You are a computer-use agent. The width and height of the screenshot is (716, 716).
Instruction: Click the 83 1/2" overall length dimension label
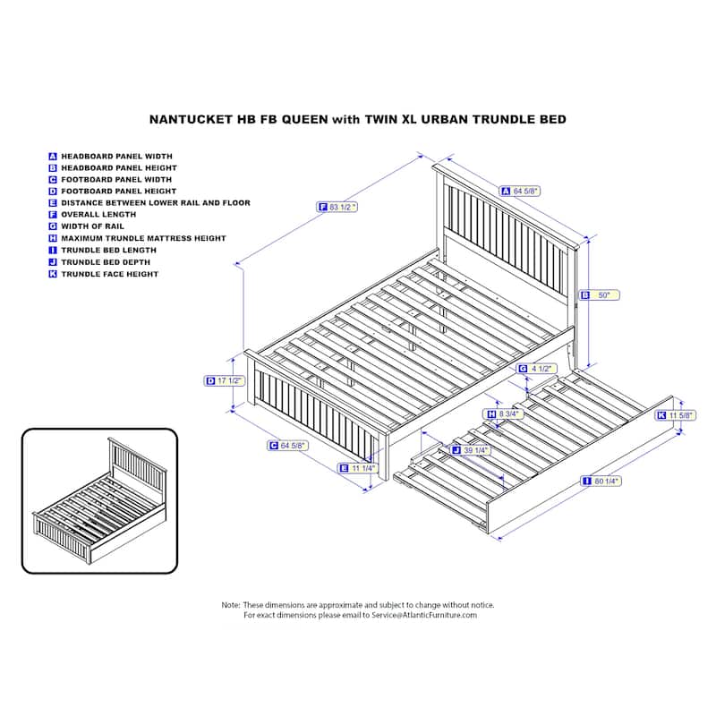[x=337, y=208]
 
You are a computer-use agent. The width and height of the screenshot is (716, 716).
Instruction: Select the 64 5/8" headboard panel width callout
[x=520, y=192]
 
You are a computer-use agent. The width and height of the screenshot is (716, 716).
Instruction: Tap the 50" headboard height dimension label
[x=600, y=295]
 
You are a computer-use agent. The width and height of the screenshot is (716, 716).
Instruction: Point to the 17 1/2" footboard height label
[x=225, y=381]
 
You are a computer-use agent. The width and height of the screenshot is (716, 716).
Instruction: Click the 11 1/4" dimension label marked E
[x=358, y=468]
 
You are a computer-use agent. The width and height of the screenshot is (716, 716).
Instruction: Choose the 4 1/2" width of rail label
[x=537, y=369]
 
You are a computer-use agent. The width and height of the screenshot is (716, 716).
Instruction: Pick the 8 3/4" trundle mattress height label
[x=503, y=414]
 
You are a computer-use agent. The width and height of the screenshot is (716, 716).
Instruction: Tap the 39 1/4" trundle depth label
[x=471, y=450]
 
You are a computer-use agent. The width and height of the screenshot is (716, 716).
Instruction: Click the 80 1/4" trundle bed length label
[x=601, y=481]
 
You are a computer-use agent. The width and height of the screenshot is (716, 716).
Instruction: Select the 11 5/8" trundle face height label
[x=677, y=415]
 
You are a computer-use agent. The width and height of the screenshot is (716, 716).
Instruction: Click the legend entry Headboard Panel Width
[x=110, y=156]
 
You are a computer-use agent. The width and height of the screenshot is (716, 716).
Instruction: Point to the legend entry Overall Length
[x=92, y=215]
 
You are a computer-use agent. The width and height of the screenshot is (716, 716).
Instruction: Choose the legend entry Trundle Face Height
[x=104, y=274]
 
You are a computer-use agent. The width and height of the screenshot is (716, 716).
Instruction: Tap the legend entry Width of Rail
[x=86, y=226]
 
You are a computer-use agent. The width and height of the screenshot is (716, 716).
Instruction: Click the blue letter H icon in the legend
[x=53, y=238]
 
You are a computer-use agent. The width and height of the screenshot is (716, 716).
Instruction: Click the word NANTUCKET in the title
[x=191, y=120]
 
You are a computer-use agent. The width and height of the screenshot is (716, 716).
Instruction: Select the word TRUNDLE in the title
[x=505, y=120]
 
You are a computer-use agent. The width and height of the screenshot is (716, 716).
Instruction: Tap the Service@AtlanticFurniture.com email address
[x=424, y=615]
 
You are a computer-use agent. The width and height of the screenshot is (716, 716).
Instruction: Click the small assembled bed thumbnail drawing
[x=99, y=501]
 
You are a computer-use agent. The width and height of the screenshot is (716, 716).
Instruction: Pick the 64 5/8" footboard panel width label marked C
[x=287, y=445]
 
